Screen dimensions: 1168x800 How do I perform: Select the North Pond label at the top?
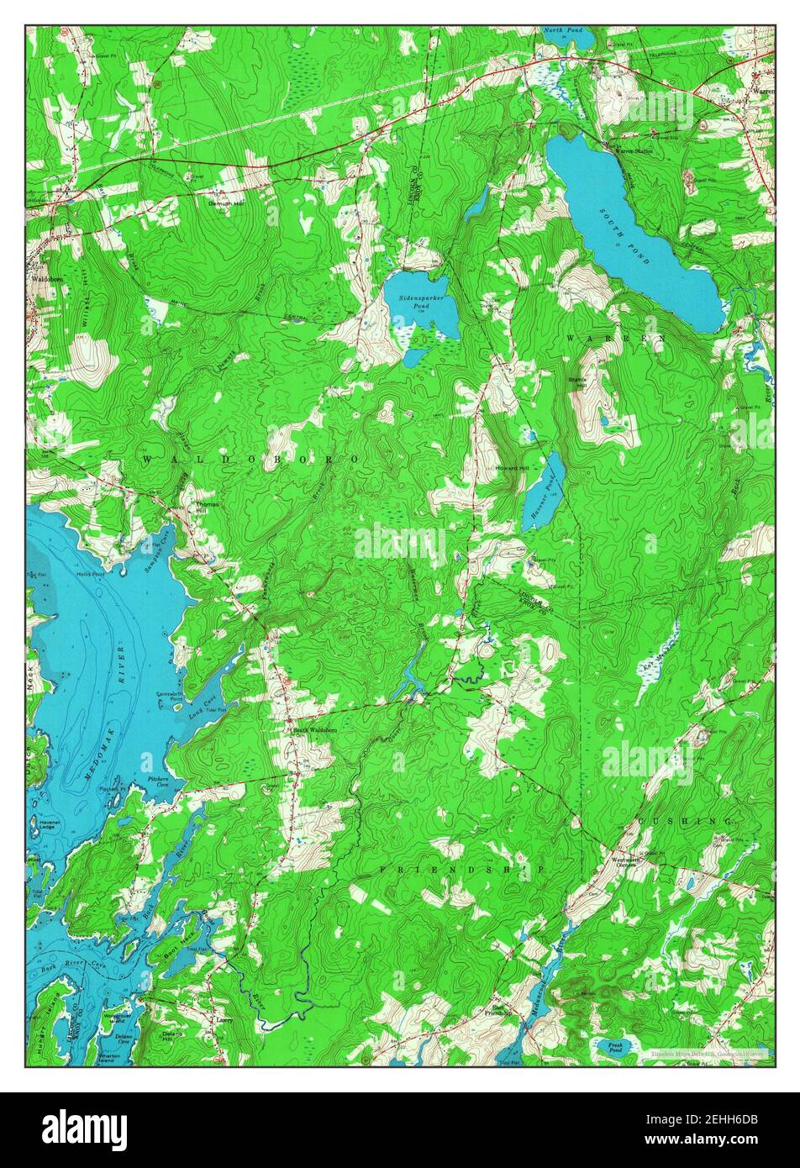[x=562, y=30]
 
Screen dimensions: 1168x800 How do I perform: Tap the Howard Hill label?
[x=512, y=467]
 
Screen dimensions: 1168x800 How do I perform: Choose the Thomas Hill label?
[x=208, y=509]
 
